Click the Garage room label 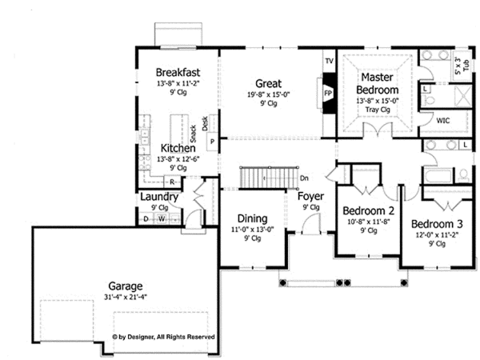(x=126, y=286)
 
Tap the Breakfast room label (x=177, y=72)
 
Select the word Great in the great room (x=267, y=82)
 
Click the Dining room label (x=252, y=216)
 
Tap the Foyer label (x=310, y=196)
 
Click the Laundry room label (x=159, y=197)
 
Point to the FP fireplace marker (x=327, y=92)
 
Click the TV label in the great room (x=328, y=62)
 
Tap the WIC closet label (x=443, y=121)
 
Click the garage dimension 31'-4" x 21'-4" (x=126, y=297)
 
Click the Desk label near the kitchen (x=205, y=122)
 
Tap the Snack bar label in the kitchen (x=193, y=134)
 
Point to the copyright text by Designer (x=163, y=338)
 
